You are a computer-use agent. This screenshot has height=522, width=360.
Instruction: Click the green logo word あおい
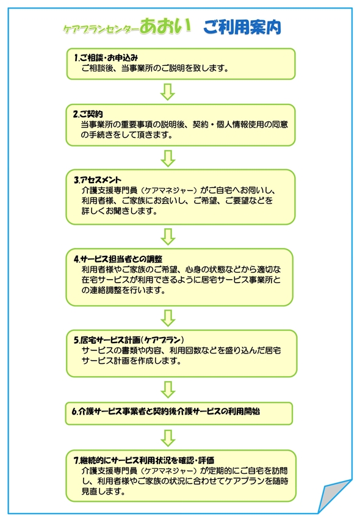pos(165,26)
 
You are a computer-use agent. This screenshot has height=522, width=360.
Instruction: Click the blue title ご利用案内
pos(242,27)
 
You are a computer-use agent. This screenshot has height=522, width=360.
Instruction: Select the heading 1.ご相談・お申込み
pos(106,57)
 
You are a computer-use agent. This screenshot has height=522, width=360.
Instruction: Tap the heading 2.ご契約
pos(88,114)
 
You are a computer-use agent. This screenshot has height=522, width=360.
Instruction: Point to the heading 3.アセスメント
pos(98,179)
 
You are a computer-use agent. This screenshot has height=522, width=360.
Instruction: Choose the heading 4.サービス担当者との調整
pos(118,259)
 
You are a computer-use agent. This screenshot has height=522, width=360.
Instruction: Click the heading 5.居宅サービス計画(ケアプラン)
pos(129,340)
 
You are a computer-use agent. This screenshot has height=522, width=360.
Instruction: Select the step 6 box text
pos(166,411)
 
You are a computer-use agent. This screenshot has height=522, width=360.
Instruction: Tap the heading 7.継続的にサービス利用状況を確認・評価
pos(144,460)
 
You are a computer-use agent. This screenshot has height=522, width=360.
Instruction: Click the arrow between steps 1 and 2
pos(168,92)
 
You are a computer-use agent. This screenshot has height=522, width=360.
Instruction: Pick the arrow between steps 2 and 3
pos(168,158)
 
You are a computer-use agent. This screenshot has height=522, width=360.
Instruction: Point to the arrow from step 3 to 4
pos(168,237)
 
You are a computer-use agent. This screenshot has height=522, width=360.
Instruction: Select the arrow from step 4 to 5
pos(168,318)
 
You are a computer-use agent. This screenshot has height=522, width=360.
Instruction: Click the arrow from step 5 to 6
pos(168,390)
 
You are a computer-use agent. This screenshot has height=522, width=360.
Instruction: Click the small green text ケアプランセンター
pos(101,29)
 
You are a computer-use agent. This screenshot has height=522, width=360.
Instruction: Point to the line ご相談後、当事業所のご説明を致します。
pos(155,68)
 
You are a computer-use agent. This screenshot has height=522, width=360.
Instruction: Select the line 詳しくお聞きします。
pos(119,211)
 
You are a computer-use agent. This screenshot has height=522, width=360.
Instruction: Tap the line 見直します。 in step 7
pos(103,491)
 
